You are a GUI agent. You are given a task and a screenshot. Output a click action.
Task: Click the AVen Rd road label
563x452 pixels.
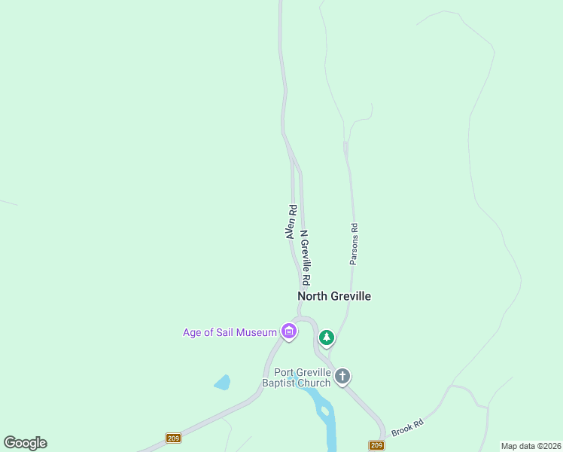click(x=291, y=222)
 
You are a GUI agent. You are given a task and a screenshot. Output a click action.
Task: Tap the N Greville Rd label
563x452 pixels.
click(x=306, y=258)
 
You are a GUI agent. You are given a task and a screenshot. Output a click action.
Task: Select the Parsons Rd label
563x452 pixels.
click(x=353, y=243)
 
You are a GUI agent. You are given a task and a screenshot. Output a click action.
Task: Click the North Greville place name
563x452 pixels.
click(x=334, y=296)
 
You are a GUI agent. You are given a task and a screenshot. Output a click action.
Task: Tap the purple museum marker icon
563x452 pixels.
click(x=288, y=331)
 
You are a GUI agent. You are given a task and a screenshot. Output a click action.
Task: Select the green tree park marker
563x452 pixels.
click(x=327, y=337)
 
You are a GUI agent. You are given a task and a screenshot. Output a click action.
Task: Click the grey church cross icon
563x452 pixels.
click(x=342, y=376)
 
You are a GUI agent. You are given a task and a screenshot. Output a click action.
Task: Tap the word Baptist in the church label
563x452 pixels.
click(x=279, y=383)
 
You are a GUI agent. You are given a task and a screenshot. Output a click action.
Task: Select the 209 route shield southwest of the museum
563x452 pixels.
click(x=174, y=438)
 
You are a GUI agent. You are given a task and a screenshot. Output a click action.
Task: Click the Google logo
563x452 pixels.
click(x=25, y=443)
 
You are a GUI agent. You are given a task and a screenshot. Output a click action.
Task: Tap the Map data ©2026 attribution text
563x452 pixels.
click(x=531, y=446)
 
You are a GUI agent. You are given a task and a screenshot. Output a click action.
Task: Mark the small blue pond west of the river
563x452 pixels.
click(x=222, y=383)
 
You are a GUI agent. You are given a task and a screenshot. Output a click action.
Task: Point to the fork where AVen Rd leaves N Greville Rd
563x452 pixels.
click(x=291, y=156)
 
